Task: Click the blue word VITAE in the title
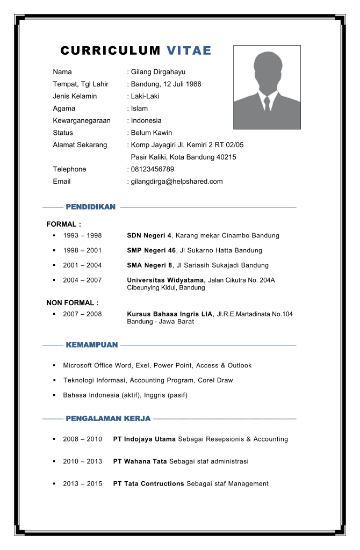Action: coord(189,51)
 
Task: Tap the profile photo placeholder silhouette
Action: coord(267,87)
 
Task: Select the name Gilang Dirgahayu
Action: coord(158,72)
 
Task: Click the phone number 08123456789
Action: coord(153,169)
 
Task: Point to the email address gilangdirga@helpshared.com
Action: coord(177,182)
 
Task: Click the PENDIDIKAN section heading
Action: coord(90,207)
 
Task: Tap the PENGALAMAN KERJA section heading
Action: coord(107,418)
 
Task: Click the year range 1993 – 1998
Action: coord(82,236)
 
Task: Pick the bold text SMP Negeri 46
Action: coord(151,250)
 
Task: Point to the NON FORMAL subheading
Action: coord(72,303)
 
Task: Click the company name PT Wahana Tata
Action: coord(140,461)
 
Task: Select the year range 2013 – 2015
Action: coord(82,484)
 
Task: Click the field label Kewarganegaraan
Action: coord(81,121)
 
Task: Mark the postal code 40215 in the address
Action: coord(226,157)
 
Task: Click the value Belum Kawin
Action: coord(152,133)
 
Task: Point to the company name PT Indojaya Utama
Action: coord(144,439)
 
